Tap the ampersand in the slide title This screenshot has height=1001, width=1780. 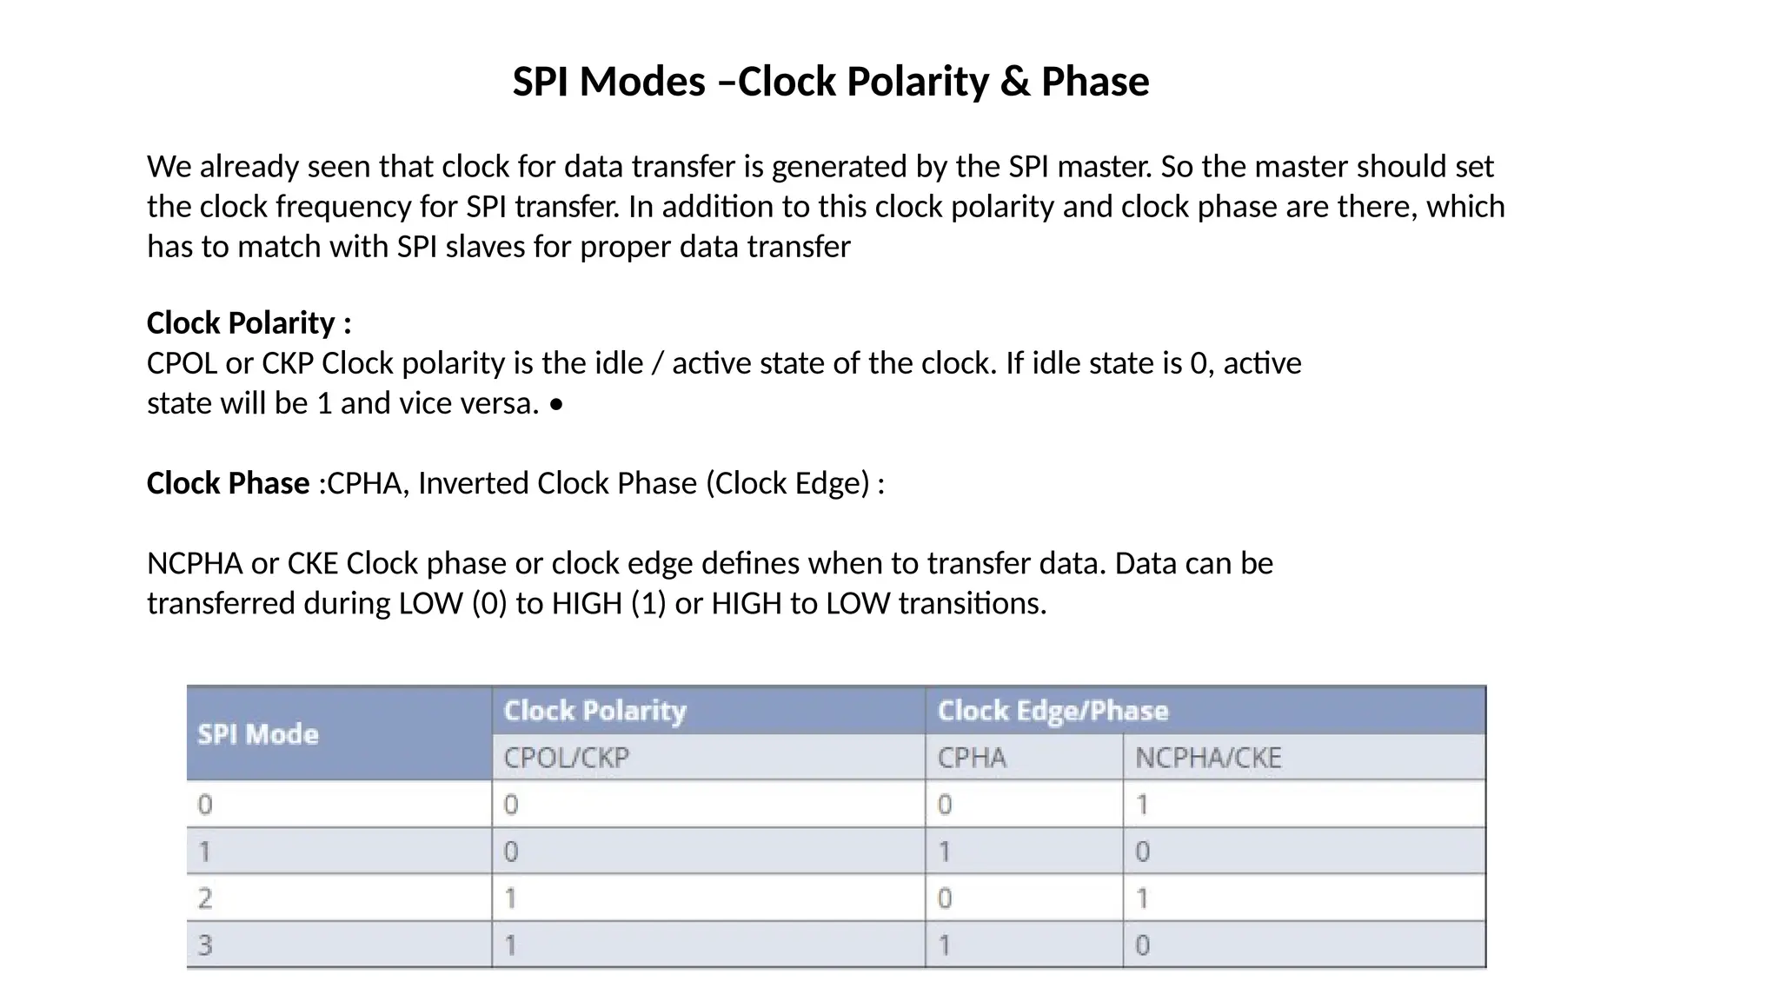(1014, 82)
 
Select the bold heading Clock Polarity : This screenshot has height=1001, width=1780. (249, 323)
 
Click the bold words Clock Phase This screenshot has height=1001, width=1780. (228, 483)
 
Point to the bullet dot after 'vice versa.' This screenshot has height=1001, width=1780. (556, 405)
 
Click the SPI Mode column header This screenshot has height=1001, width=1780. (258, 734)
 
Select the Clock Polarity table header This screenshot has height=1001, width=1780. (595, 711)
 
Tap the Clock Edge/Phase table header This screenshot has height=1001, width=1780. (1053, 711)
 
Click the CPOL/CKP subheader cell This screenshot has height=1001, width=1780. (566, 758)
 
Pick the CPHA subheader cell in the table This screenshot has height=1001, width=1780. (972, 758)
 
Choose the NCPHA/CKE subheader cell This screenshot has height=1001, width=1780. (1208, 758)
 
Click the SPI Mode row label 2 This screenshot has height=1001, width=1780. (205, 898)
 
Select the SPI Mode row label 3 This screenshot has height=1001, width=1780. (205, 945)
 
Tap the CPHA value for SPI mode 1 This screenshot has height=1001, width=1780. (945, 852)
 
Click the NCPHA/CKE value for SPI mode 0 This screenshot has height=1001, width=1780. (1142, 805)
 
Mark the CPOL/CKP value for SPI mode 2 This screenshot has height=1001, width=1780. (511, 898)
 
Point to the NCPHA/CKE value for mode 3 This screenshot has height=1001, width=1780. (1142, 945)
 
